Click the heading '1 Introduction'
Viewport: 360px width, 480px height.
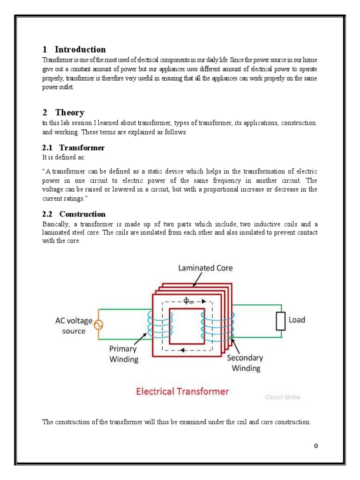click(x=74, y=49)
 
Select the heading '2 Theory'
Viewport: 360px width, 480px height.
click(x=63, y=112)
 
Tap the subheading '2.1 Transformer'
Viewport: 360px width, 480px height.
click(x=74, y=148)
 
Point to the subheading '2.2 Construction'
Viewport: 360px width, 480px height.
click(x=74, y=214)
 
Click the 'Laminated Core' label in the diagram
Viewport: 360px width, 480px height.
click(x=205, y=268)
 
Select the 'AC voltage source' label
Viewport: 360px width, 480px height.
click(x=74, y=326)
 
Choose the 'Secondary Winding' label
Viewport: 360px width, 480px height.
click(x=245, y=363)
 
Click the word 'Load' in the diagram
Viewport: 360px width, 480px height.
click(x=296, y=320)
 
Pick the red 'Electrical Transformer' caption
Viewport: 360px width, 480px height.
click(x=182, y=391)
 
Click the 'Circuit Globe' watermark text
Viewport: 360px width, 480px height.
click(x=283, y=397)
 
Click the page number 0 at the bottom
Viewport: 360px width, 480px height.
click(x=316, y=446)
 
